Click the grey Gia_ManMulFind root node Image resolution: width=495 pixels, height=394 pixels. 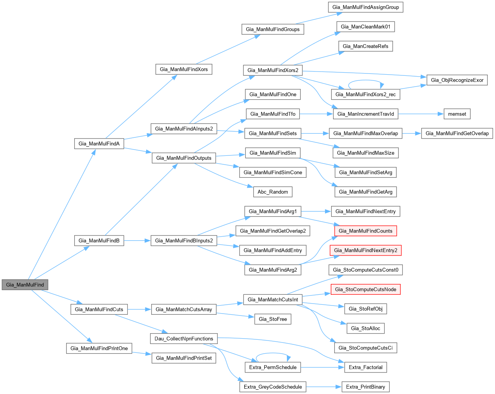tap(25, 285)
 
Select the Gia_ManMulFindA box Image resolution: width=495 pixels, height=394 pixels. tap(99, 144)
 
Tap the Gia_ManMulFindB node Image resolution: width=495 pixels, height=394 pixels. tap(99, 241)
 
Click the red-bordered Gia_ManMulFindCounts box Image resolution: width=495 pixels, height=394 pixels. tap(365, 231)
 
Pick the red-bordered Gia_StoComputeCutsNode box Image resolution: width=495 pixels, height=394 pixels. tap(365, 289)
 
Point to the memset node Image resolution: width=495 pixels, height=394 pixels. tap(457, 114)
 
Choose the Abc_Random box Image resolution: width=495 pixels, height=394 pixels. tap(273, 192)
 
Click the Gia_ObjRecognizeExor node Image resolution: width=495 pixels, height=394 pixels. tap(457, 80)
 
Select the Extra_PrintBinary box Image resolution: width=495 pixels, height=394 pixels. tap(365, 387)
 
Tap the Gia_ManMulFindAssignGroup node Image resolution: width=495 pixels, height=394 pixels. tap(365, 7)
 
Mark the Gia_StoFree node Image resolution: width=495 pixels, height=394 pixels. tap(273, 319)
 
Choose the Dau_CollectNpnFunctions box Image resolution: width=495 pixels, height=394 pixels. tap(184, 339)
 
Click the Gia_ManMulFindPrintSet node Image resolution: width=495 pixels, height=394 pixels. tap(184, 358)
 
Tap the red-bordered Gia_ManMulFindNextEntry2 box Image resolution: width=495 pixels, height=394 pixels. tap(365, 250)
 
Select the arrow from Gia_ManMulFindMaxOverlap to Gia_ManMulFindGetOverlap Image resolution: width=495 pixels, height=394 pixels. tap(412, 134)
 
